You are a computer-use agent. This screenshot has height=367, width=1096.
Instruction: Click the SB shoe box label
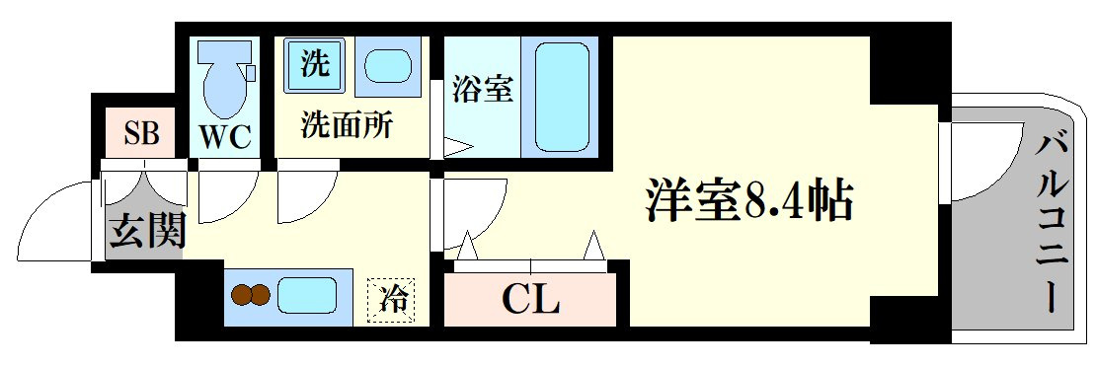[x=142, y=132]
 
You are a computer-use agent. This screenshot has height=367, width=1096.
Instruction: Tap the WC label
[x=226, y=137]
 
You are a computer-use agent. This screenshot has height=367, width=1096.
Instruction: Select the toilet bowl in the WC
[x=224, y=78]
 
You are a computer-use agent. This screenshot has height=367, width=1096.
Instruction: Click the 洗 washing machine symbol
[x=313, y=65]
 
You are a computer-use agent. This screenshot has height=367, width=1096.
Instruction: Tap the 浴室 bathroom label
[x=483, y=89]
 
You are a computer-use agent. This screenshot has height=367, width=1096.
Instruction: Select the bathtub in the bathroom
[x=562, y=97]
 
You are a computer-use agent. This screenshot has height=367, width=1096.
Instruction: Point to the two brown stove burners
[x=251, y=295]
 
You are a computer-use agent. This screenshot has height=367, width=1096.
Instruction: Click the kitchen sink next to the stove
[x=307, y=295]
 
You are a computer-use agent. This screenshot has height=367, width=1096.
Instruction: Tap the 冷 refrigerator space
[x=392, y=301]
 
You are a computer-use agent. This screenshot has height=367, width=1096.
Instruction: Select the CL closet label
[x=531, y=301]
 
